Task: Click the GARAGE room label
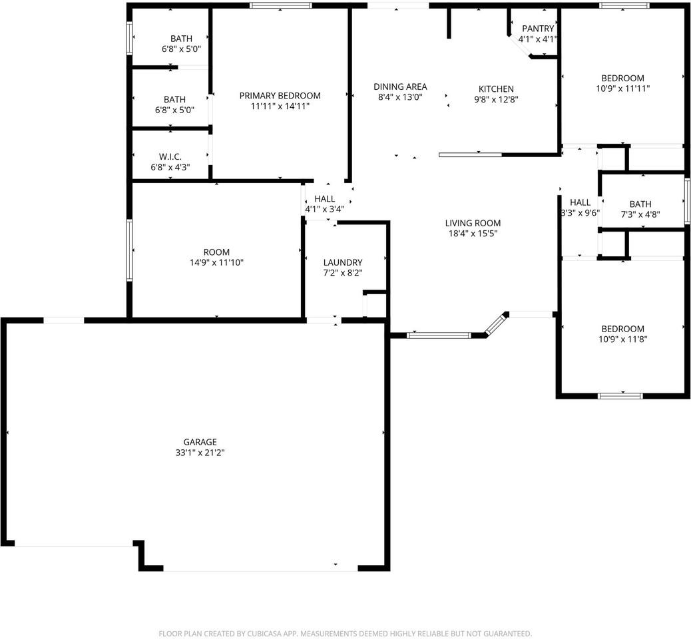200,442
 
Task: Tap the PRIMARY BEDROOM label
280,95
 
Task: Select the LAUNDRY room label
343,262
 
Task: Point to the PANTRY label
538,29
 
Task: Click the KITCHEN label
496,89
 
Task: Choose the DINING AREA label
400,87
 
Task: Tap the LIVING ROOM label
473,223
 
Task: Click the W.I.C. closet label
170,156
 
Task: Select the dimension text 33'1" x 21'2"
200,453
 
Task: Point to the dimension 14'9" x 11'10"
216,262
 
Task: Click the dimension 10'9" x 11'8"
623,339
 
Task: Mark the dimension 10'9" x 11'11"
623,88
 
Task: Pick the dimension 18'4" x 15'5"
473,234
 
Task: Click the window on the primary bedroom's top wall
281,6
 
